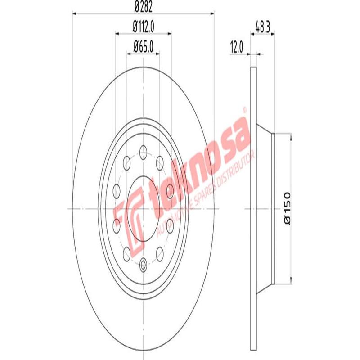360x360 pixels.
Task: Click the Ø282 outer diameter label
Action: pos(143,6)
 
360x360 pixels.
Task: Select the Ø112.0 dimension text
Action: pos(144,27)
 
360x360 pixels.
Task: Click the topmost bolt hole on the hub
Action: pos(144,150)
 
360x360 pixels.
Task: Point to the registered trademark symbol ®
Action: pos(245,109)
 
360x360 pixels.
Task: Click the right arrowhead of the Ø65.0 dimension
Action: pos(157,53)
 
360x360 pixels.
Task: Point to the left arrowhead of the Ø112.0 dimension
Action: pos(117,33)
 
